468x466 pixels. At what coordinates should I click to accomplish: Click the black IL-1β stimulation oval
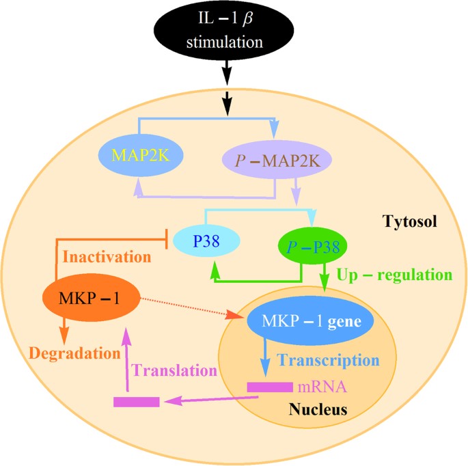[x=229, y=33]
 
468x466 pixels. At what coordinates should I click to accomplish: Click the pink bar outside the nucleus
[x=137, y=402]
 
